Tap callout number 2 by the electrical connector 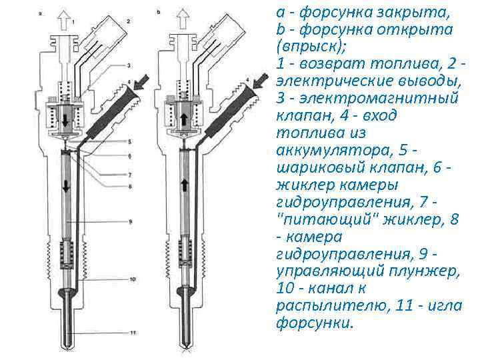(127, 22)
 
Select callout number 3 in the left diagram (129, 65)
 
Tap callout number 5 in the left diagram (129, 141)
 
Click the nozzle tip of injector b (185, 344)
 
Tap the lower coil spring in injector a (66, 254)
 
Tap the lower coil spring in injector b (185, 254)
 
